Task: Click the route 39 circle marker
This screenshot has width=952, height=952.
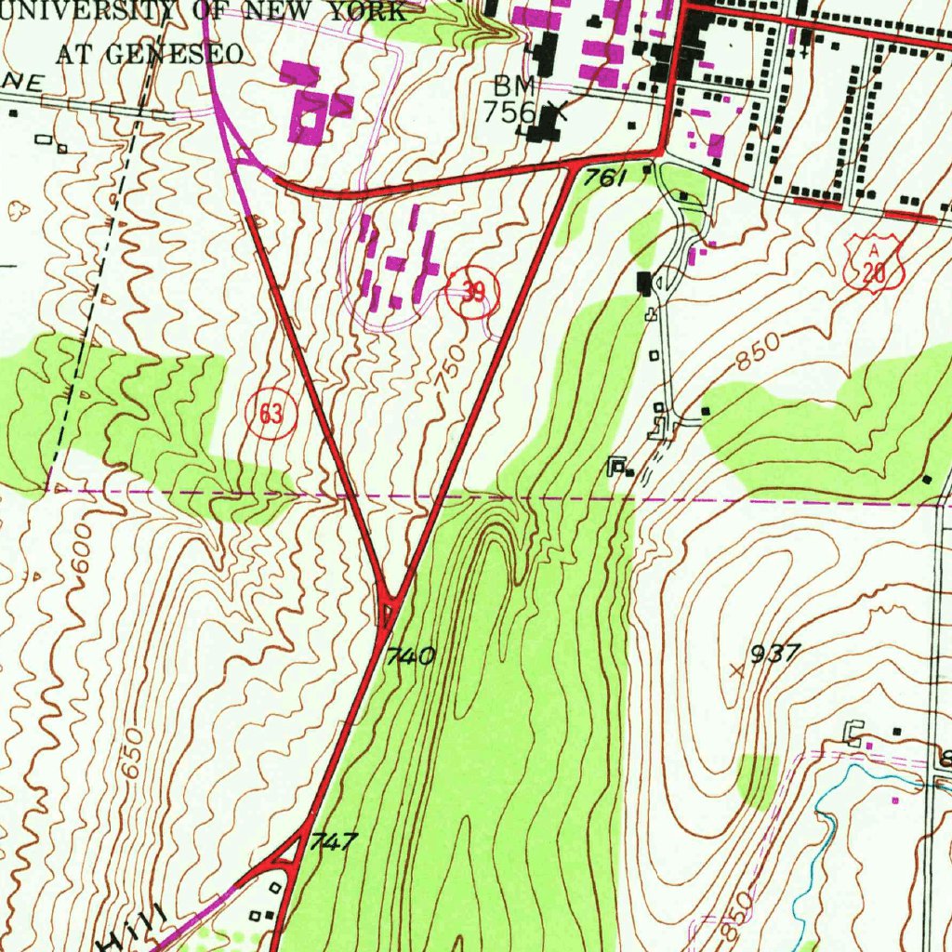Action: [473, 294]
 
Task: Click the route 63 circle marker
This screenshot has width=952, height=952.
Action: [271, 414]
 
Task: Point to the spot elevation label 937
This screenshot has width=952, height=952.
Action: [773, 654]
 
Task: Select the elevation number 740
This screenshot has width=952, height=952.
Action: [410, 656]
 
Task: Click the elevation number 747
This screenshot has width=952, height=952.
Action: [333, 842]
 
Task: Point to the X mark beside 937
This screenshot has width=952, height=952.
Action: [738, 668]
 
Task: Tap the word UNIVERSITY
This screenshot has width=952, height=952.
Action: [86, 13]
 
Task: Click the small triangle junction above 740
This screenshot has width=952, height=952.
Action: [388, 610]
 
